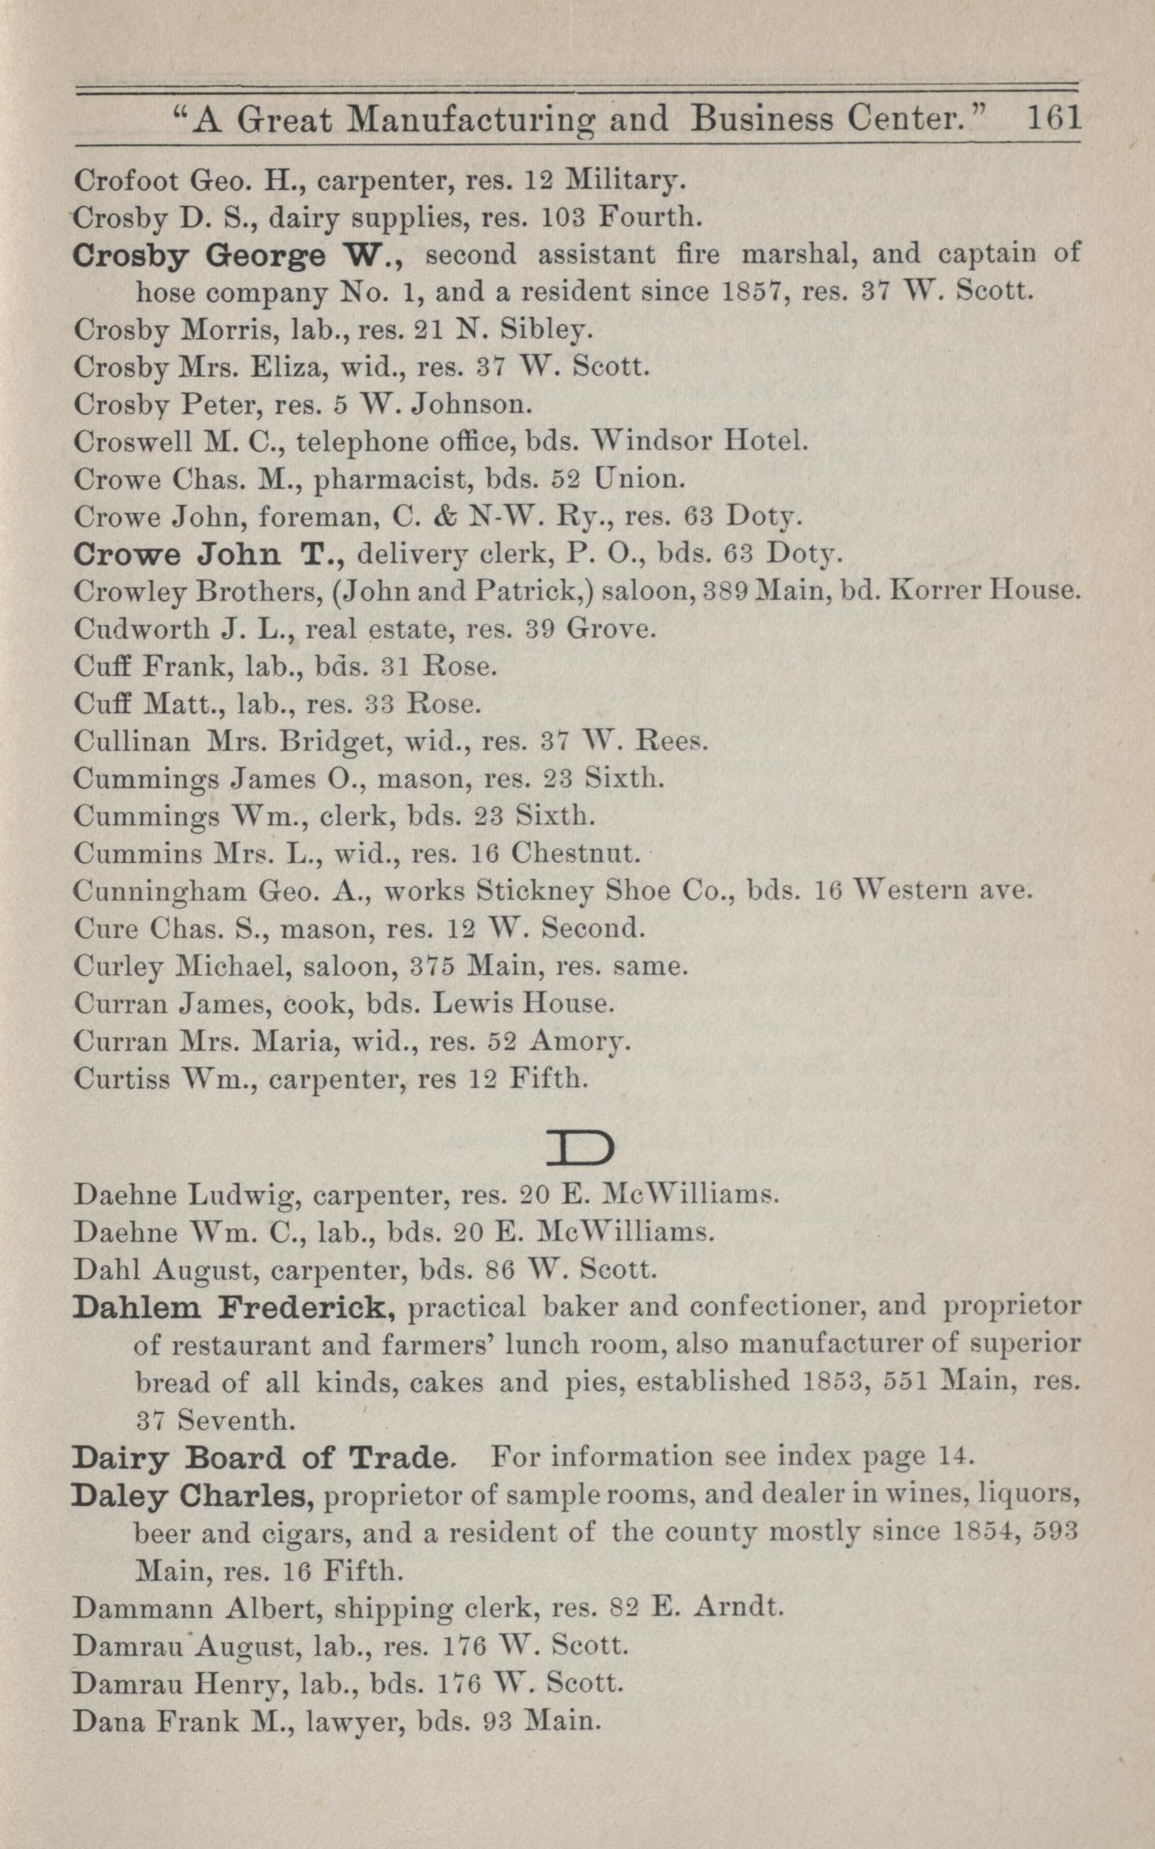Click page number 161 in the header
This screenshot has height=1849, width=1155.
[x=1052, y=118]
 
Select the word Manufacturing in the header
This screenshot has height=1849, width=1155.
[x=507, y=120]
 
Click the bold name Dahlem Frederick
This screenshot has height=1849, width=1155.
[x=234, y=1307]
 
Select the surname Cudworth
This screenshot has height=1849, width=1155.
[x=127, y=629]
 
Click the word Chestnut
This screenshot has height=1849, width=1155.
[x=573, y=853]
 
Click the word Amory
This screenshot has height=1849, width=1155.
[x=578, y=1042]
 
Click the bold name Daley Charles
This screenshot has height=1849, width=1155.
[x=194, y=1494]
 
